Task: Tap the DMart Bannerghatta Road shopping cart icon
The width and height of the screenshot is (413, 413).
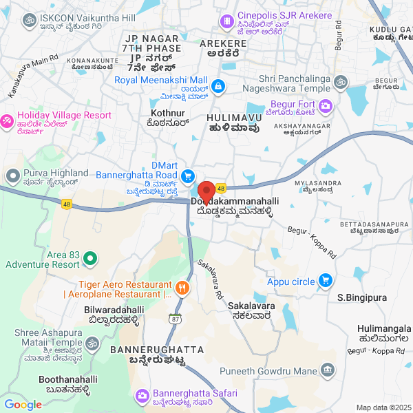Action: [x=187, y=176]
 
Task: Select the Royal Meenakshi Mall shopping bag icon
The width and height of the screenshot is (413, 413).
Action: [x=218, y=86]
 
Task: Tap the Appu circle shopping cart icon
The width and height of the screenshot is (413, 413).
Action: [x=326, y=281]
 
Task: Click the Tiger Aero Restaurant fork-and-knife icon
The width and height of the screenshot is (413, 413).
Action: [x=182, y=288]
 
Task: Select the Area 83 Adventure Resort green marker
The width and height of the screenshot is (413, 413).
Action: [x=90, y=259]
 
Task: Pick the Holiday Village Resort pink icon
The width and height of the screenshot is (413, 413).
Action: [x=7, y=120]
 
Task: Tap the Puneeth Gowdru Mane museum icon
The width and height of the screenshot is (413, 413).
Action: [x=328, y=370]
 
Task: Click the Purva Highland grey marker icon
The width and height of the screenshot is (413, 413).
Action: [x=12, y=178]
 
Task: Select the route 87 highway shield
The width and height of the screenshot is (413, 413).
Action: [x=176, y=319]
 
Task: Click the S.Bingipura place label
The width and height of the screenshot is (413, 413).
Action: [x=359, y=297]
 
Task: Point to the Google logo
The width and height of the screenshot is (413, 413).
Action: [x=23, y=405]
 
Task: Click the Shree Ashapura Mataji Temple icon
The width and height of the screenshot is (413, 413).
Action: [x=92, y=342]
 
